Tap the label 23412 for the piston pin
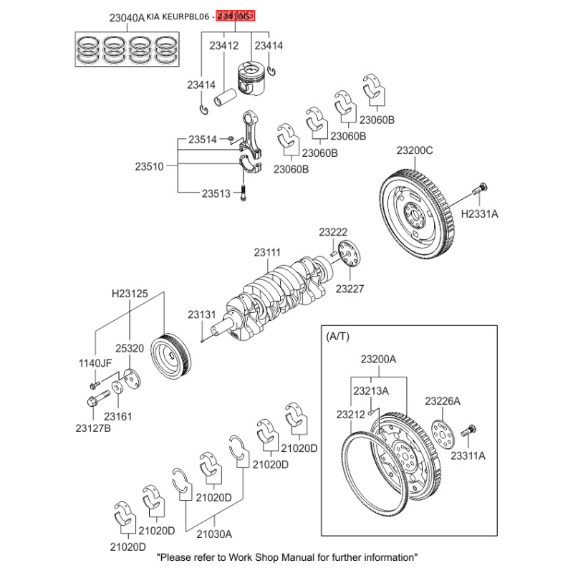[x=223, y=46]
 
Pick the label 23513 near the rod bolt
[x=216, y=193]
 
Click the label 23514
[x=203, y=140]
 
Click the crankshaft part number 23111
[x=267, y=252]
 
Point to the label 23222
[x=333, y=232]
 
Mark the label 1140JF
[x=95, y=363]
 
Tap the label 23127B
[x=94, y=429]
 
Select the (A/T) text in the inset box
[x=337, y=336]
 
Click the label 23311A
[x=468, y=455]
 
